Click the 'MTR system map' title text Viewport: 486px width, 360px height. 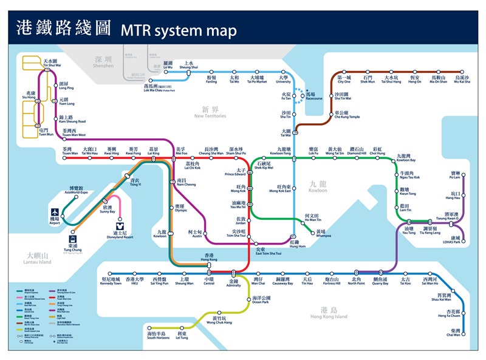179,29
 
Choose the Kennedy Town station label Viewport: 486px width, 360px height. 111,281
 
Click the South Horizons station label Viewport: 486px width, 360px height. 156,336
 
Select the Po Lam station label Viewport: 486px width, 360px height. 455,175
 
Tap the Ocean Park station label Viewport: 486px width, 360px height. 261,300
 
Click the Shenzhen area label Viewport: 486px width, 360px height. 103,61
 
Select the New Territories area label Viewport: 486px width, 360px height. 210,113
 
